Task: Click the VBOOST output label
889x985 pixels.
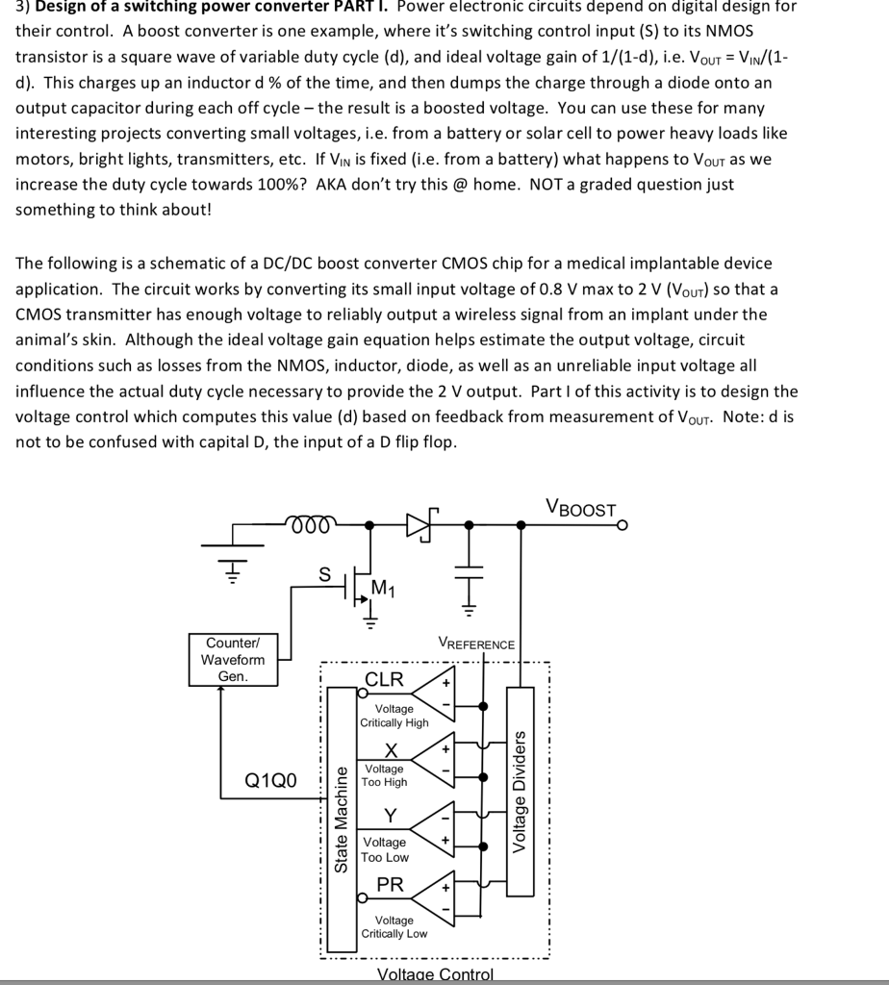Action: (x=580, y=509)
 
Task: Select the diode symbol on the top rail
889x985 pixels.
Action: (x=420, y=524)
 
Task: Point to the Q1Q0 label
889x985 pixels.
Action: (x=271, y=779)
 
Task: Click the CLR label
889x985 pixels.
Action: (x=385, y=679)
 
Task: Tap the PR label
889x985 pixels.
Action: (x=390, y=884)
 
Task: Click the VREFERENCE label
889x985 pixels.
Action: (x=476, y=644)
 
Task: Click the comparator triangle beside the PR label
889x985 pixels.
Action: (x=435, y=895)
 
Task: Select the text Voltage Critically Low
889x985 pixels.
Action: (x=394, y=927)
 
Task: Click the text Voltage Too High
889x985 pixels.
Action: (x=385, y=775)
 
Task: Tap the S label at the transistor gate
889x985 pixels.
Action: (x=325, y=573)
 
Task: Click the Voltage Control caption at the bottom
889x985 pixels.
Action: (x=435, y=974)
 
